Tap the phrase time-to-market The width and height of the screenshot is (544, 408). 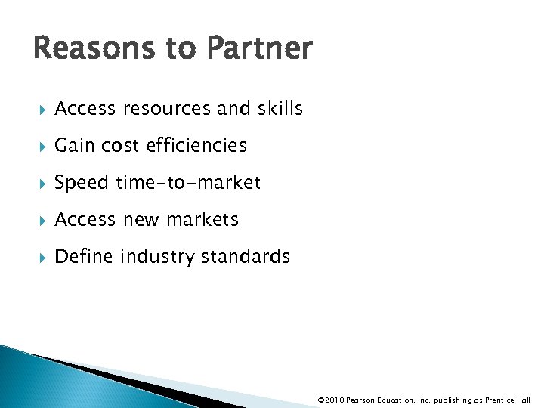pyautogui.click(x=188, y=183)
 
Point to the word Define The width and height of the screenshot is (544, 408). pyautogui.click(x=83, y=257)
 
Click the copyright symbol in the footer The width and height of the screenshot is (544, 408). pyautogui.click(x=322, y=400)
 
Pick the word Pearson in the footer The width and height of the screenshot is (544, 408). pyautogui.click(x=360, y=400)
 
